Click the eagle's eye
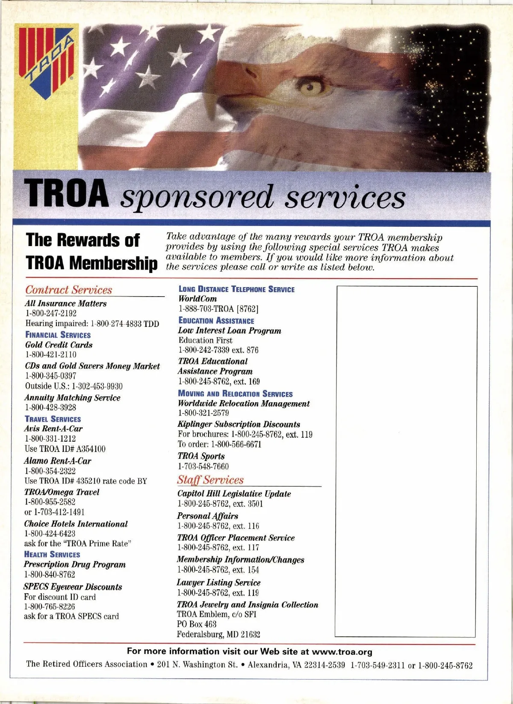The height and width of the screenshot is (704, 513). (x=311, y=88)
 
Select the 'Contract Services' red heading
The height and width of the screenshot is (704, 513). (x=68, y=290)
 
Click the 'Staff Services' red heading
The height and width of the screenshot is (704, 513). (x=210, y=480)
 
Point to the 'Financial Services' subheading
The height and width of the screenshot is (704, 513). (x=58, y=335)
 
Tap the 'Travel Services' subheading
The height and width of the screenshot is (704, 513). (x=53, y=419)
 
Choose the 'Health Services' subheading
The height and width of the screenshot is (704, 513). (x=52, y=554)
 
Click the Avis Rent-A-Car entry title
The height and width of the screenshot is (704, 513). (x=53, y=428)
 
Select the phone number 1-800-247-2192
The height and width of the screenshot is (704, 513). (x=51, y=313)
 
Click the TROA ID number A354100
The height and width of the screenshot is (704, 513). (x=91, y=449)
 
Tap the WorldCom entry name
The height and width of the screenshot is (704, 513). (x=198, y=299)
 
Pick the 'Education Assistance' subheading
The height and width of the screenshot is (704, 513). (x=216, y=321)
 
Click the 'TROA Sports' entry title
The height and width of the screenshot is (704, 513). (x=201, y=456)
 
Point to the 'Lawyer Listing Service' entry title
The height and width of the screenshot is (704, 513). (x=218, y=582)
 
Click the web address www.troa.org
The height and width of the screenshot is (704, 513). (x=342, y=652)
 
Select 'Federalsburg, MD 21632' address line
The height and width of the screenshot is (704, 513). (x=218, y=634)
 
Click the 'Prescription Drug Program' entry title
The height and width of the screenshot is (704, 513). (x=75, y=564)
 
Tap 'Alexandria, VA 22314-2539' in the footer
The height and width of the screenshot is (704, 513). (x=296, y=665)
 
